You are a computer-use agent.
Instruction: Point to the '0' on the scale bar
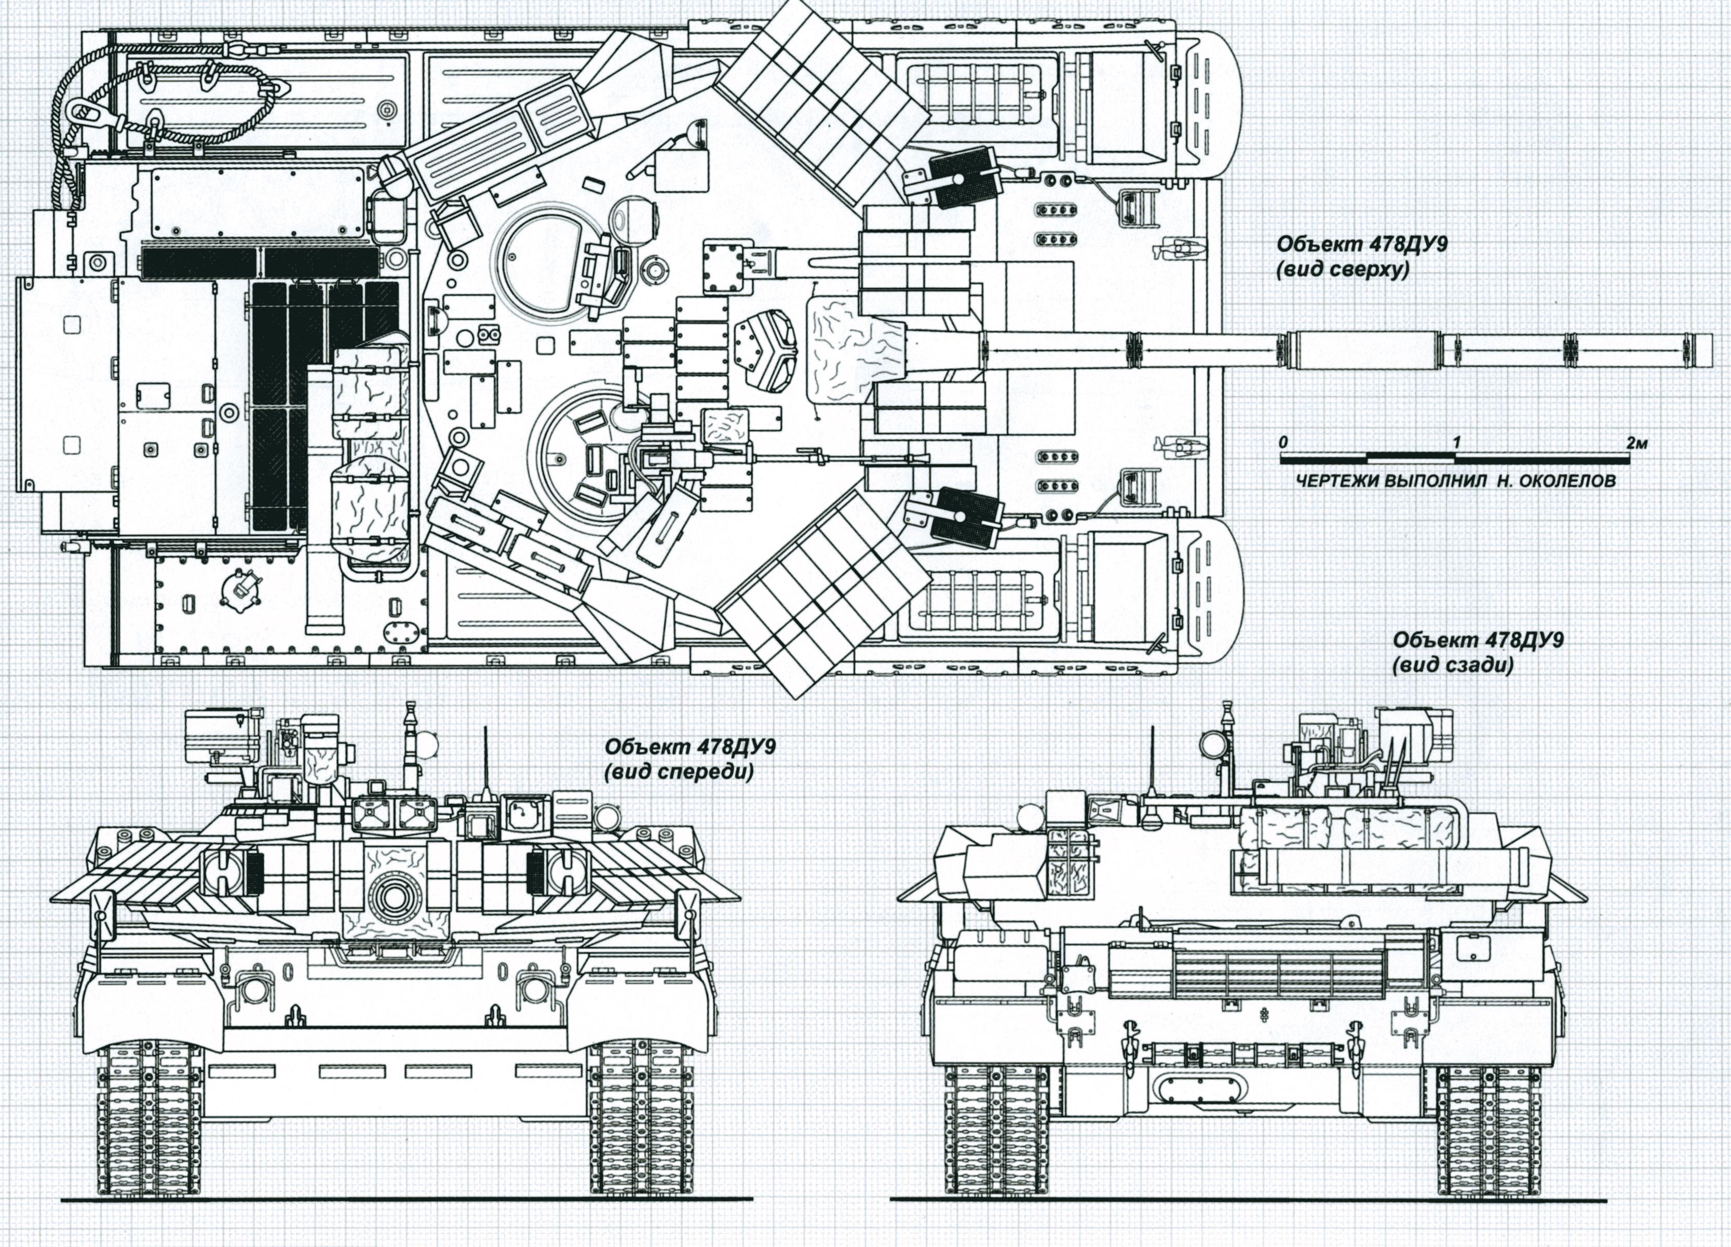point(1284,442)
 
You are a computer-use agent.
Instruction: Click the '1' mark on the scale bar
point(1456,442)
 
